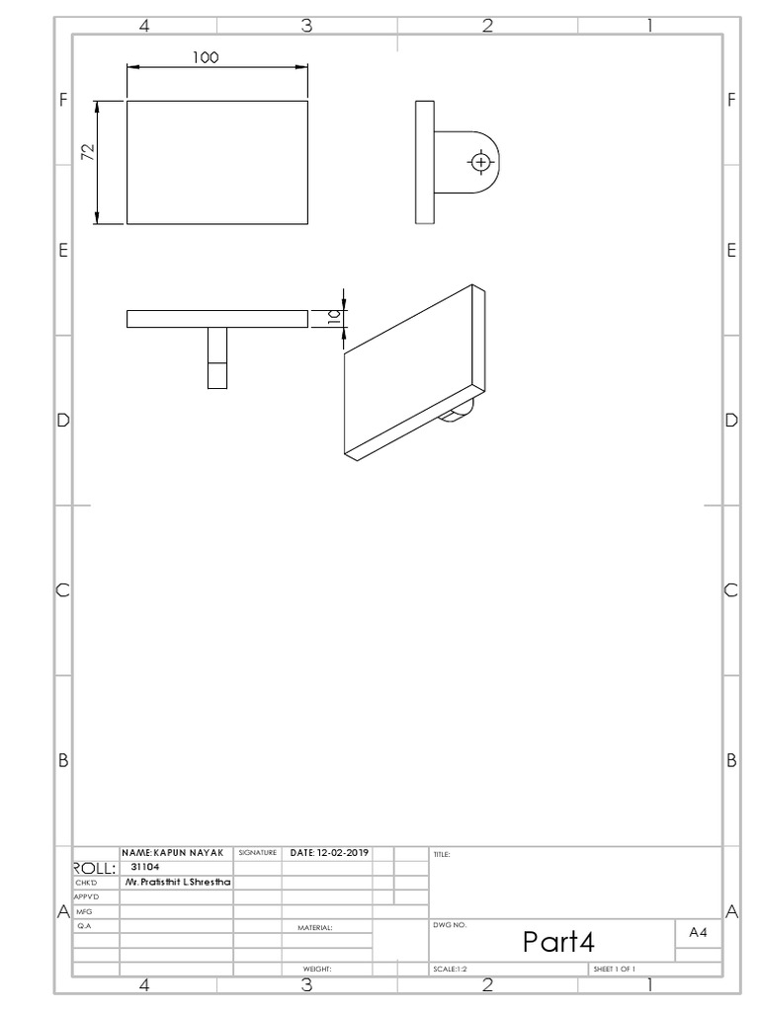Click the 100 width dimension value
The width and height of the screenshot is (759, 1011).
pyautogui.click(x=205, y=57)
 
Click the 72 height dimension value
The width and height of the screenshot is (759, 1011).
pyautogui.click(x=88, y=151)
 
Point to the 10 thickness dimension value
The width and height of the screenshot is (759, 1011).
pyautogui.click(x=334, y=317)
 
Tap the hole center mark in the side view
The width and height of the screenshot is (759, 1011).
pyautogui.click(x=480, y=161)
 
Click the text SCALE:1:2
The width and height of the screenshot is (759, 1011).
pyautogui.click(x=450, y=970)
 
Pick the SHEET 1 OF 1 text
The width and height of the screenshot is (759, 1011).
pyautogui.click(x=613, y=970)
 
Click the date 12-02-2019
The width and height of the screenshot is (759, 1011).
pyautogui.click(x=328, y=852)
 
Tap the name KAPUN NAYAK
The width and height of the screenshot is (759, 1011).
pyautogui.click(x=173, y=852)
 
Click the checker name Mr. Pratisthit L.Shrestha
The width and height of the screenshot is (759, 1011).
pyautogui.click(x=177, y=882)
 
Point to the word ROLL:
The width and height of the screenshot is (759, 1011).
pyautogui.click(x=96, y=868)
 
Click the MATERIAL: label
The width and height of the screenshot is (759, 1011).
pyautogui.click(x=314, y=928)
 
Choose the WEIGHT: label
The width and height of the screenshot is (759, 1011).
pyautogui.click(x=316, y=970)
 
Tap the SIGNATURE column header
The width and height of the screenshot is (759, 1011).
pyautogui.click(x=257, y=852)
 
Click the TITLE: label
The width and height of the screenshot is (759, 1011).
pyautogui.click(x=441, y=855)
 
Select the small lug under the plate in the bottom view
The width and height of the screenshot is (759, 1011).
pyautogui.click(x=217, y=358)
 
